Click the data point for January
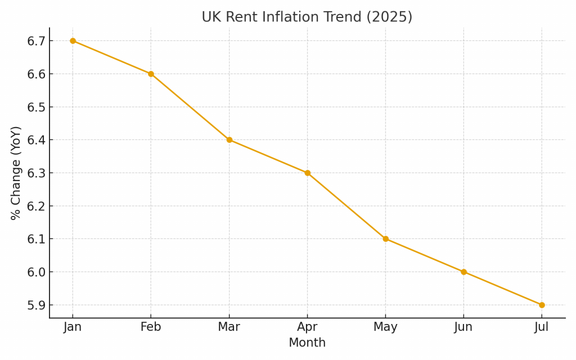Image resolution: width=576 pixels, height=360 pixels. (x=73, y=41)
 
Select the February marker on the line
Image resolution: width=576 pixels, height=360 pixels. (x=151, y=74)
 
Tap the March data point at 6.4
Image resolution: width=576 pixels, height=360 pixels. (x=229, y=140)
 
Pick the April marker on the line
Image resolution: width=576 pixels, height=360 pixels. (x=307, y=173)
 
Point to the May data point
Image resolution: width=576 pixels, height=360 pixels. (x=385, y=239)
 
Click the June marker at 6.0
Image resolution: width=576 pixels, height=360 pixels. (x=463, y=272)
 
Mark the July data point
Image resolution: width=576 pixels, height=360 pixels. (x=542, y=305)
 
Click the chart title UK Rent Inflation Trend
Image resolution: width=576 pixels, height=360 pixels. (x=307, y=17)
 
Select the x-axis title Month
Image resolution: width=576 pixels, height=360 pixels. (x=307, y=343)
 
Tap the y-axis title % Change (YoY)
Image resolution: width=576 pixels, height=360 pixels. (x=16, y=173)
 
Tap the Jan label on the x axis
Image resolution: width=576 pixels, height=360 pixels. (x=73, y=327)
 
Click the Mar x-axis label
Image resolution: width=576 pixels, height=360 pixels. (x=229, y=327)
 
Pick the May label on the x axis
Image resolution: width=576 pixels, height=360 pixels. (x=385, y=327)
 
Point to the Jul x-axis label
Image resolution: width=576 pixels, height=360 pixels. (x=542, y=327)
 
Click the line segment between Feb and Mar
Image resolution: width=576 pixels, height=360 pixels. (x=190, y=107)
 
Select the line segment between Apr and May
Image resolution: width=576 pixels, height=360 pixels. (x=346, y=206)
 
